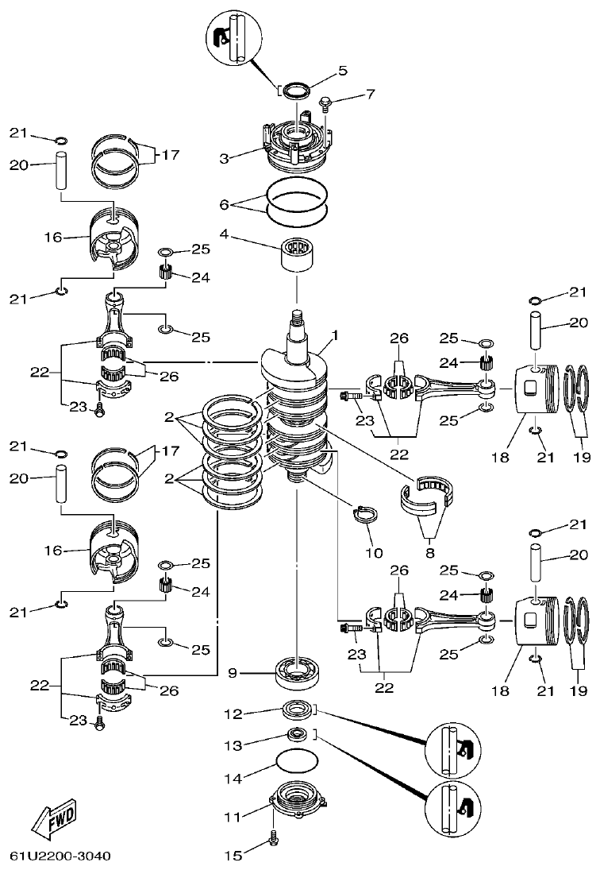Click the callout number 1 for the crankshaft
[x=335, y=336]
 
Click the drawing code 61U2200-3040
[x=60, y=856]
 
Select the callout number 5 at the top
[x=343, y=70]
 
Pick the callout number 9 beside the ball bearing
[x=232, y=673]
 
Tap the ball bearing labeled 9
[x=297, y=674]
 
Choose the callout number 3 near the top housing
[x=225, y=159]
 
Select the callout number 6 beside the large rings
[x=225, y=204]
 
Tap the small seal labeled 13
[x=298, y=735]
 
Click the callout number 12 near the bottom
[x=232, y=713]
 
